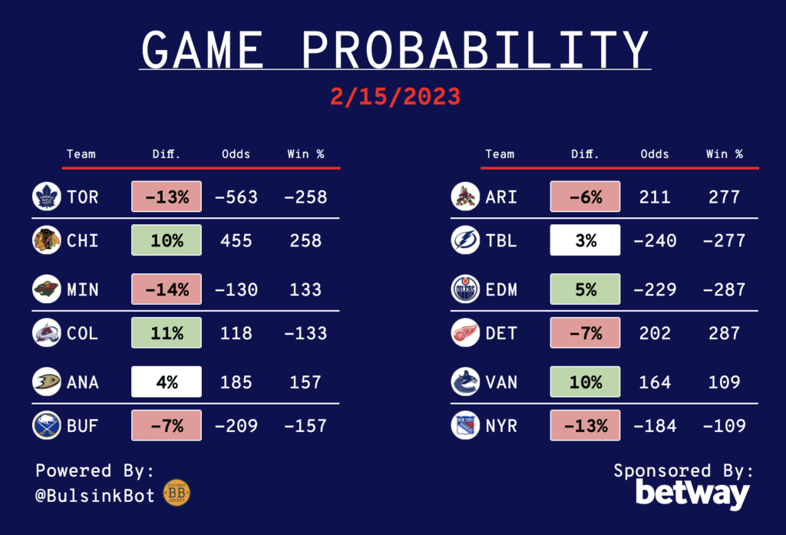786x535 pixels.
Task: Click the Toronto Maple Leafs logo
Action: [x=46, y=197]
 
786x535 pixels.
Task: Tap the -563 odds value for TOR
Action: [x=236, y=197]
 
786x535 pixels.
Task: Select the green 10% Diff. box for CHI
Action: [x=167, y=240]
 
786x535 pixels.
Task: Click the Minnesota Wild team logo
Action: [x=46, y=289]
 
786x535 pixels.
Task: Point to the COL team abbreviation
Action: [x=83, y=334]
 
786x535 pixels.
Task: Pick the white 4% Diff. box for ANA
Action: [x=167, y=381]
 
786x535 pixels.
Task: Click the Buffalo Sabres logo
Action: [x=46, y=424]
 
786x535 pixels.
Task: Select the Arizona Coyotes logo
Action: [x=465, y=197]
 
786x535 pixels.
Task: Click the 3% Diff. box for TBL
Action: [x=585, y=240]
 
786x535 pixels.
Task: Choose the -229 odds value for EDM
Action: [x=655, y=289]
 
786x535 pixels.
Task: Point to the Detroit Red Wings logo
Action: [x=465, y=334]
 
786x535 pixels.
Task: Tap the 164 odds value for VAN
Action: [x=655, y=381]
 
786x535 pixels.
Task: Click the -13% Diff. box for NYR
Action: [x=585, y=424]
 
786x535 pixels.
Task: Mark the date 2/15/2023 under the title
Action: [x=395, y=97]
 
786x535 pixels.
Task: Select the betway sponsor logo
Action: [x=692, y=494]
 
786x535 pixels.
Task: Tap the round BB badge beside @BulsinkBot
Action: [x=177, y=494]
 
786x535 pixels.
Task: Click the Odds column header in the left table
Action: [x=236, y=154]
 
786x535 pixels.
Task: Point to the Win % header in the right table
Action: [x=725, y=154]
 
